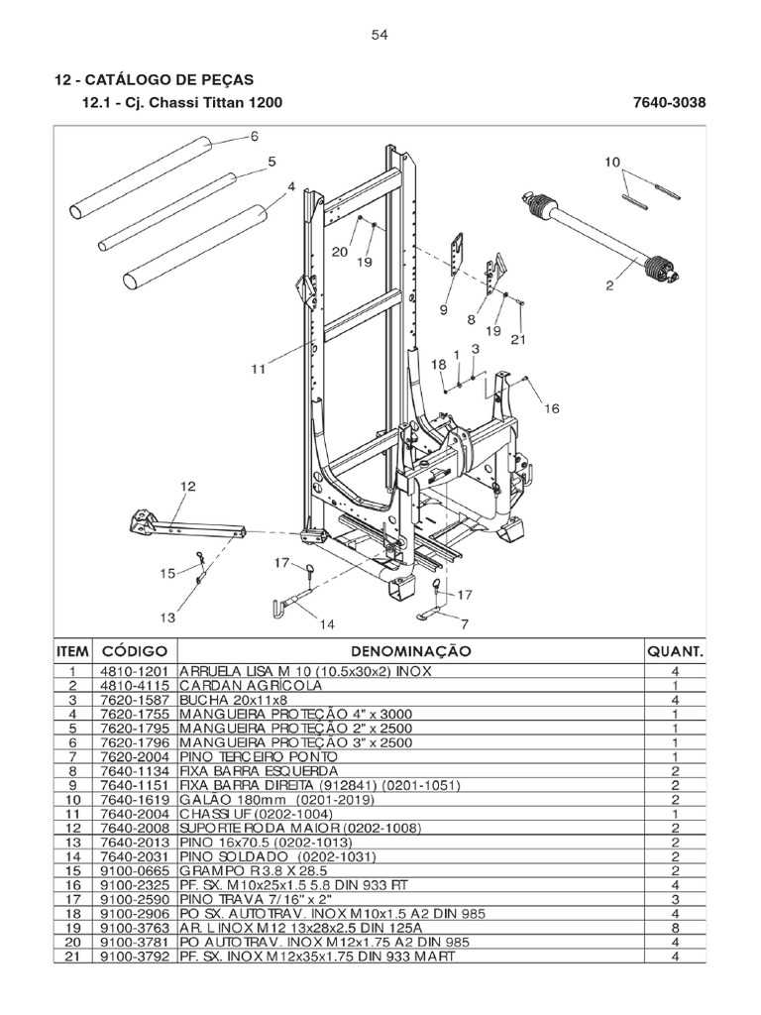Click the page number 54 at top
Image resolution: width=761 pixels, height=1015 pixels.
(x=380, y=35)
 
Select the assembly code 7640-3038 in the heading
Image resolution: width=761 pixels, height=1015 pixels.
(x=668, y=104)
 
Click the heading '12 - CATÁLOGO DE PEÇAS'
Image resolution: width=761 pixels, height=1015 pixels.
(x=154, y=79)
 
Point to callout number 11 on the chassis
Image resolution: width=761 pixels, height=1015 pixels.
(x=259, y=369)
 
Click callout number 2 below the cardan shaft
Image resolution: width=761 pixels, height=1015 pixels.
(x=610, y=286)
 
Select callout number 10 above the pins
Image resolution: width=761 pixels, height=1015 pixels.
(x=611, y=161)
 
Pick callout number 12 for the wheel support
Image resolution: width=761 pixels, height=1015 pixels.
(x=187, y=486)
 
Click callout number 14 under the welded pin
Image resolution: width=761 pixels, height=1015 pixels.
(x=326, y=623)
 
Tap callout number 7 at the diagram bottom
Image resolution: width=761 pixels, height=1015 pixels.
(x=463, y=624)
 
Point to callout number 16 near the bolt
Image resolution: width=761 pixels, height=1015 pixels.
(x=552, y=407)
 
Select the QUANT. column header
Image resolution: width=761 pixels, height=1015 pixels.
(x=675, y=652)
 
